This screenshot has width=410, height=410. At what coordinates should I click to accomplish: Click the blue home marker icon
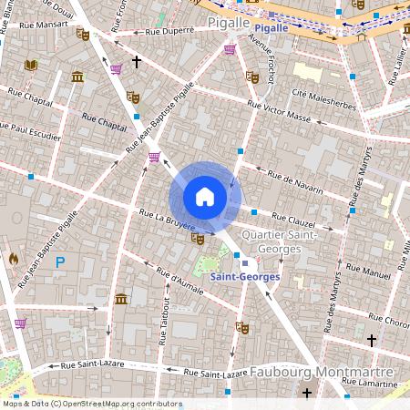click(205, 197)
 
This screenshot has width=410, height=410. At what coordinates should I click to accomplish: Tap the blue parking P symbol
click(60, 262)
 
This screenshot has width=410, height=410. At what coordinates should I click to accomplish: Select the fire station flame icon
click(13, 259)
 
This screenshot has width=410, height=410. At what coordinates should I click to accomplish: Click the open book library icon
click(31, 65)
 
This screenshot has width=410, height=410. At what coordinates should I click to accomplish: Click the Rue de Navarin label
click(295, 179)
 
